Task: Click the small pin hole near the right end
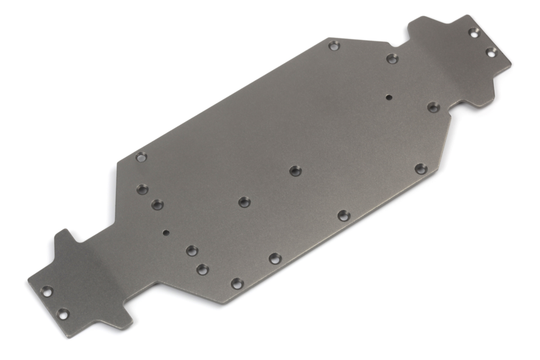(388, 96)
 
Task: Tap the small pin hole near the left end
(166, 233)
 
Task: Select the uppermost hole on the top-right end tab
(474, 32)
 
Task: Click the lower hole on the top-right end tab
(491, 52)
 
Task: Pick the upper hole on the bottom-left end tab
(46, 291)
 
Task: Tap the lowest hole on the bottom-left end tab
(63, 314)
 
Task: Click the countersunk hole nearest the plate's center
(295, 171)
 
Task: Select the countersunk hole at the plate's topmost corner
(333, 45)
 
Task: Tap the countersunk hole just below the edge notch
(392, 58)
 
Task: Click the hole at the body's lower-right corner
(421, 169)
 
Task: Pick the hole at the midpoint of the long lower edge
(343, 216)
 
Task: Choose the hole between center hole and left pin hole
(244, 202)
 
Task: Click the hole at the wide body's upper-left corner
(141, 157)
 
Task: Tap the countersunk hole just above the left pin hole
(157, 205)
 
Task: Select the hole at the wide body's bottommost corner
(237, 283)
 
